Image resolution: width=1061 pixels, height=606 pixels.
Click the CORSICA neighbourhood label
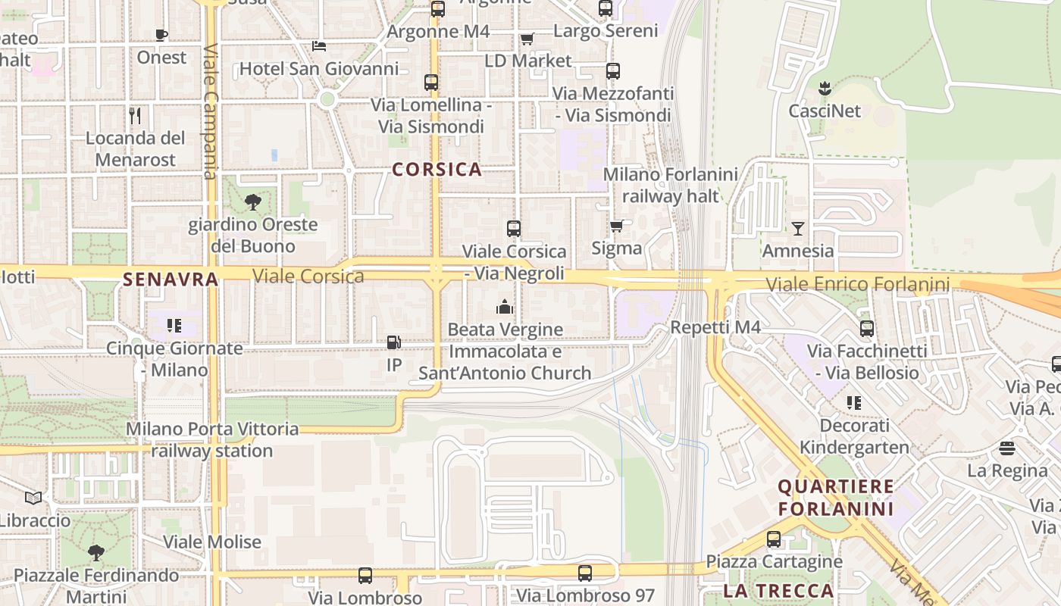[437, 169]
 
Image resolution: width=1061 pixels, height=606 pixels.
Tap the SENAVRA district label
[171, 280]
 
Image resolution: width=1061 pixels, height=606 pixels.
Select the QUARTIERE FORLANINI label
[836, 497]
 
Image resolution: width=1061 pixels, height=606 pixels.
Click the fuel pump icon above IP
[393, 342]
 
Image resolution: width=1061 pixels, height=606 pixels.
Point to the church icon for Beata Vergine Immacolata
[505, 307]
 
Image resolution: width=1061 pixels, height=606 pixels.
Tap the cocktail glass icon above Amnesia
[798, 228]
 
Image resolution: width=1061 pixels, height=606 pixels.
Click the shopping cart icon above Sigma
[617, 226]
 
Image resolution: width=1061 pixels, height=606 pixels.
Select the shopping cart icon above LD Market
[527, 39]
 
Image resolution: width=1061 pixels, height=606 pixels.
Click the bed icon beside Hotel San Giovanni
[319, 45]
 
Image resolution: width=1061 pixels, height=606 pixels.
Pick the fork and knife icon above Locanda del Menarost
[135, 115]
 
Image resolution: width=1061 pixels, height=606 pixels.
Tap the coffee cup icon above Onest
[161, 35]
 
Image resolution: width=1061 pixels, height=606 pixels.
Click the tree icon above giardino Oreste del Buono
[253, 202]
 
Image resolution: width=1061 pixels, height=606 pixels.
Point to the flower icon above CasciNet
[825, 88]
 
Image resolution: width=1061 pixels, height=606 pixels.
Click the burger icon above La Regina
[1007, 448]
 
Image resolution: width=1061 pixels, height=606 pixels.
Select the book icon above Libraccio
[33, 498]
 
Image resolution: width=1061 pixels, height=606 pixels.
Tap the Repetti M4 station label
[715, 327]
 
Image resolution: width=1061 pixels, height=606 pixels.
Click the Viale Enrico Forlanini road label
[857, 285]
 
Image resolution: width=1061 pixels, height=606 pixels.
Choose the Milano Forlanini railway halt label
[670, 185]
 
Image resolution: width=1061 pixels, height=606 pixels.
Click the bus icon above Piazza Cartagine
[774, 539]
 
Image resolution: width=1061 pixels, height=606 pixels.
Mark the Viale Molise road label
[212, 542]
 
